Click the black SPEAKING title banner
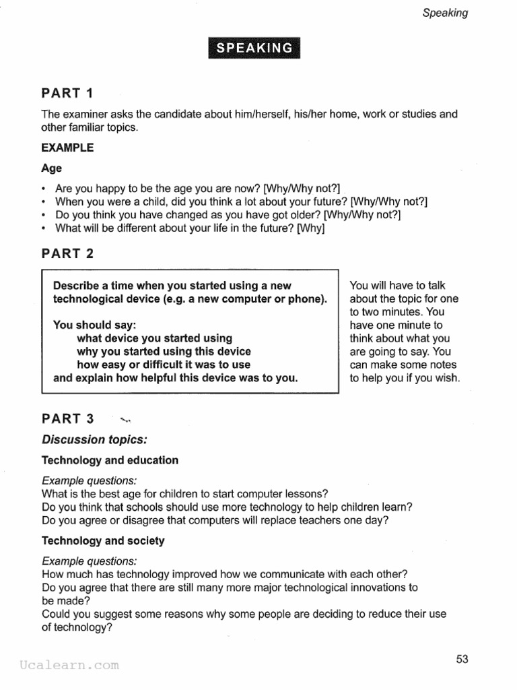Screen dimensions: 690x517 click(x=254, y=48)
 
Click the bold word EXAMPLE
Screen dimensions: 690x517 click(x=67, y=148)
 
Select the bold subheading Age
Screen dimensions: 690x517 click(x=51, y=168)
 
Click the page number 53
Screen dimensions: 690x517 click(x=462, y=659)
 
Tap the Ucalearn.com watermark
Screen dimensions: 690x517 click(x=69, y=665)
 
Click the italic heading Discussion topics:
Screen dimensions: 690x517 click(x=94, y=439)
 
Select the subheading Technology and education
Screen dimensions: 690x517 click(x=110, y=460)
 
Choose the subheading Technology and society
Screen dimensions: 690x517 click(x=103, y=540)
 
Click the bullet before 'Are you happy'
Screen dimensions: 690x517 click(x=44, y=189)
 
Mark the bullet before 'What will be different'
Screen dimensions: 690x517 click(x=44, y=228)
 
